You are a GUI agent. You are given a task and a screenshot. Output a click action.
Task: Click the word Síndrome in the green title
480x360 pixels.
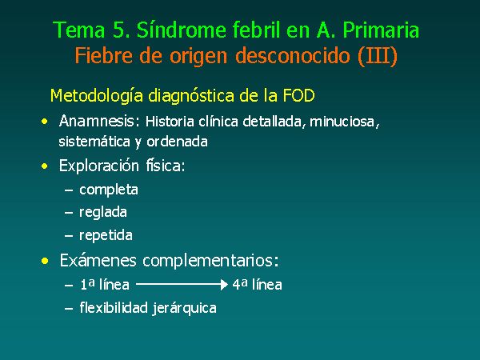pyautogui.click(x=182, y=30)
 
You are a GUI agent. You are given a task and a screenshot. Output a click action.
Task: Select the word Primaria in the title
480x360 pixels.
pyautogui.click(x=381, y=30)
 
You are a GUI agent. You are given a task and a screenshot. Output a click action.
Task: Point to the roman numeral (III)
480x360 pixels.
pyautogui.click(x=378, y=56)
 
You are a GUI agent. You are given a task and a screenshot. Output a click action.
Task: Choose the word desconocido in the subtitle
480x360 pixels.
pyautogui.click(x=293, y=55)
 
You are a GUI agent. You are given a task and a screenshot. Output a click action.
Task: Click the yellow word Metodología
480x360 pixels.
pyautogui.click(x=97, y=95)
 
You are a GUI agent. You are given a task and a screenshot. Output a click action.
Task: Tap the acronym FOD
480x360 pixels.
pyautogui.click(x=298, y=95)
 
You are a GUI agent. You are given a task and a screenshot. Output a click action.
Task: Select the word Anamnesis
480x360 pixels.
pyautogui.click(x=97, y=121)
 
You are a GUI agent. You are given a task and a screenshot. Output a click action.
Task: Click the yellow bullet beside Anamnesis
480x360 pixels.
pyautogui.click(x=45, y=122)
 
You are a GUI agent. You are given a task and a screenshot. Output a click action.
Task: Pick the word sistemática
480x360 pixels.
pyautogui.click(x=94, y=142)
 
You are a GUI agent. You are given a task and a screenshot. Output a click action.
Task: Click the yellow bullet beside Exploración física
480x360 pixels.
pyautogui.click(x=45, y=166)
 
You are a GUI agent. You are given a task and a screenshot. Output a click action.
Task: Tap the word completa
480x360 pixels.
pyautogui.click(x=109, y=190)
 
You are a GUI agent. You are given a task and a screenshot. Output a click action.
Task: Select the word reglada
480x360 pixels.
pyautogui.click(x=103, y=212)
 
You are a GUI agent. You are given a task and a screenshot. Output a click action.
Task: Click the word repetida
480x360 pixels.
pyautogui.click(x=106, y=235)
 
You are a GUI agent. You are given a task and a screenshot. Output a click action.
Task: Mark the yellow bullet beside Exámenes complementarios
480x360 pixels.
pyautogui.click(x=45, y=261)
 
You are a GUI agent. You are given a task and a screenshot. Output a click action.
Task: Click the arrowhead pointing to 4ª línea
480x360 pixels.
pyautogui.click(x=224, y=284)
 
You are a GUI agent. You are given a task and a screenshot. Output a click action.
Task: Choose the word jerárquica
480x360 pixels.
pyautogui.click(x=184, y=308)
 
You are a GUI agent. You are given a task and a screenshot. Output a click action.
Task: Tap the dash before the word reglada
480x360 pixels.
pyautogui.click(x=69, y=213)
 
